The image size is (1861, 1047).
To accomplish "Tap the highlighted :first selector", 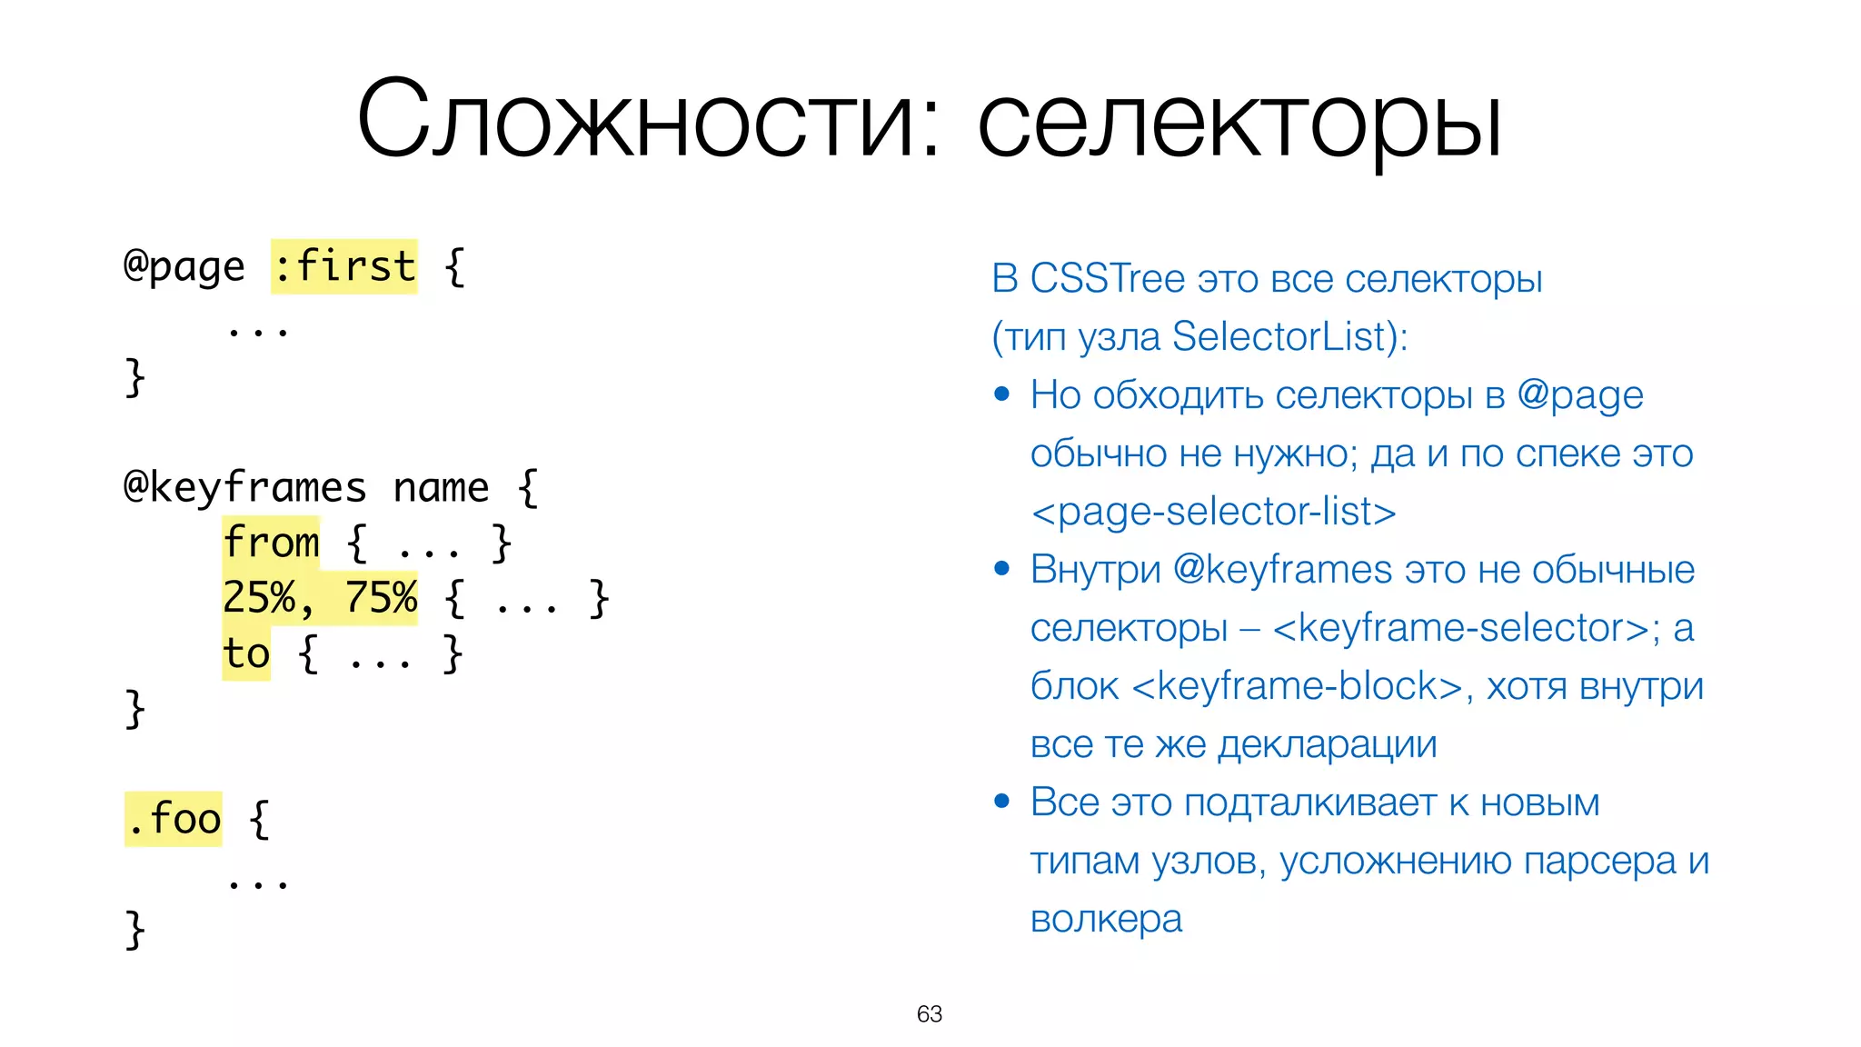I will (x=344, y=267).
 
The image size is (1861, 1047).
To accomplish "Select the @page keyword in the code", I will (x=184, y=267).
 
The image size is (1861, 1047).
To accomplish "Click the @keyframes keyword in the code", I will (x=244, y=488).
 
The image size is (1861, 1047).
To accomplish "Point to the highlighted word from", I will (x=271, y=543).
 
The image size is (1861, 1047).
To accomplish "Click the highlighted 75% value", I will (x=380, y=598).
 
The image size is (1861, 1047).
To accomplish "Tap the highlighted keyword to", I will (x=246, y=653).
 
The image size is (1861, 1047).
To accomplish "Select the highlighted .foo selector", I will (x=174, y=819).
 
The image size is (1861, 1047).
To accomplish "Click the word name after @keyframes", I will (x=441, y=488).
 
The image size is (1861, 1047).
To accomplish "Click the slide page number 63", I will (x=930, y=1014).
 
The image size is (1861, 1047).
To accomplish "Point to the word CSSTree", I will (x=1107, y=279).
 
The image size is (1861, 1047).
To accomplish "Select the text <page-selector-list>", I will (x=1213, y=512).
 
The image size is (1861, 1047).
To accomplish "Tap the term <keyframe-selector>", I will (x=1460, y=628).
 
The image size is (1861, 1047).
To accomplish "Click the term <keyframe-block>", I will (x=1297, y=686).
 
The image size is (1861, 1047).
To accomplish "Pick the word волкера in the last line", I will (x=1106, y=919).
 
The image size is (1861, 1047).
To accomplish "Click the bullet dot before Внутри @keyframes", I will (x=1002, y=570).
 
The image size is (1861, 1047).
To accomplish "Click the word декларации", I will (x=1327, y=744).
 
